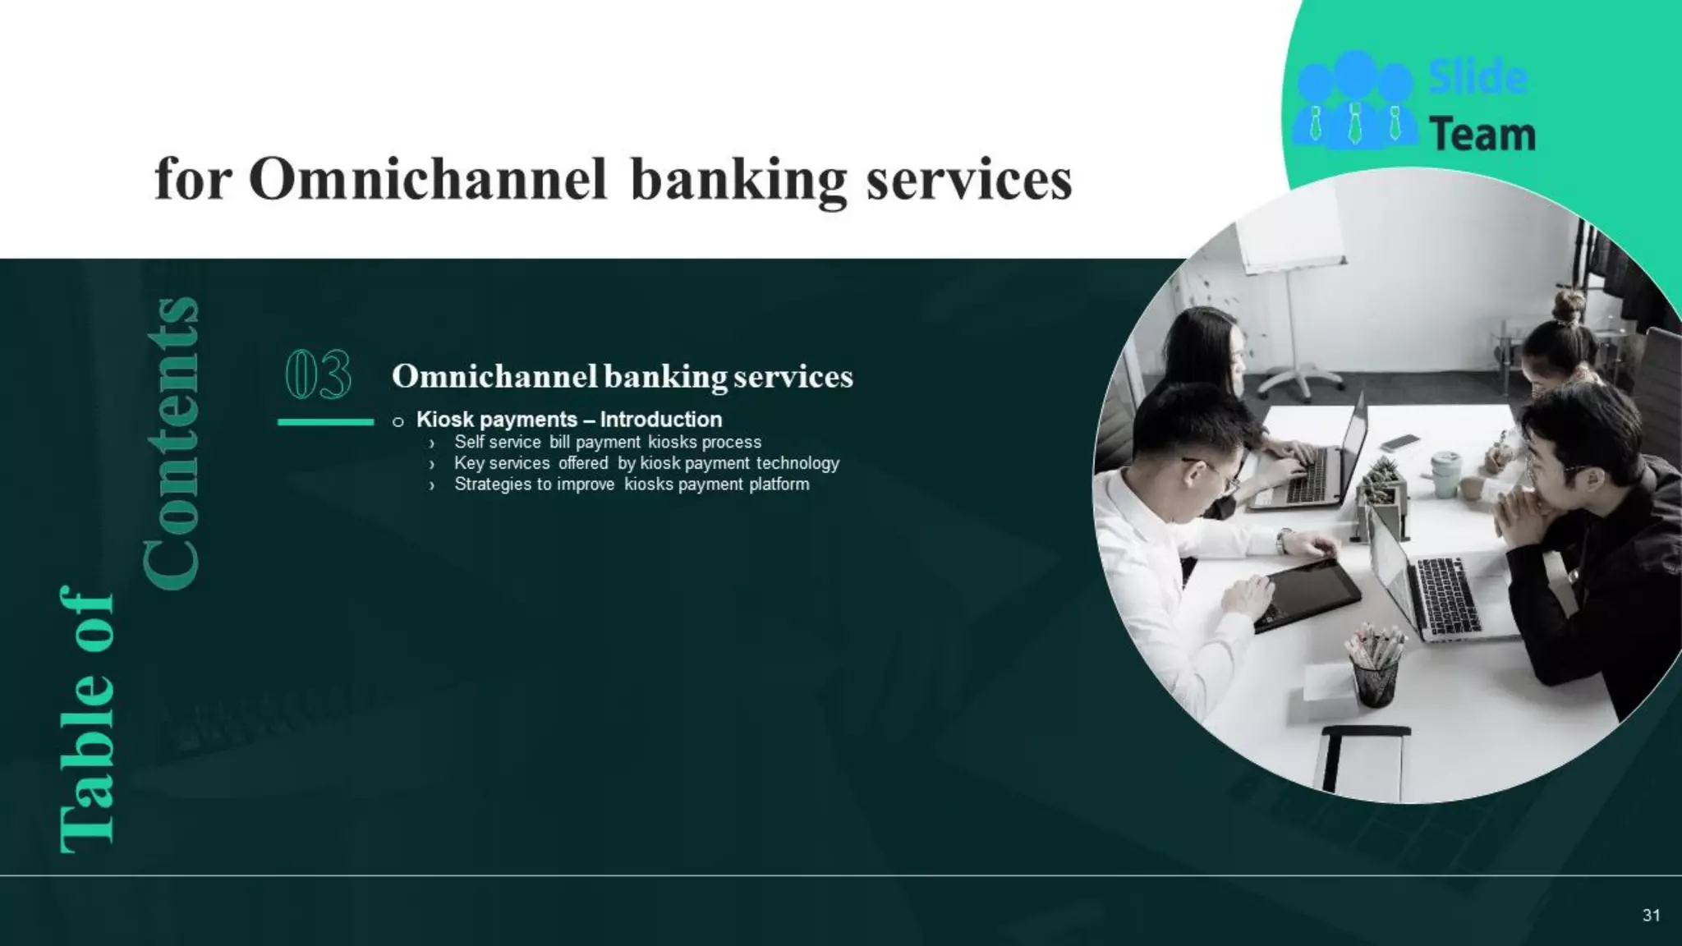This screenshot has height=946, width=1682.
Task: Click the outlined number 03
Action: (319, 374)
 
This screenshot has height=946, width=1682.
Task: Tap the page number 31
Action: (1652, 915)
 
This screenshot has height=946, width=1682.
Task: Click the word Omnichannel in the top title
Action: (428, 179)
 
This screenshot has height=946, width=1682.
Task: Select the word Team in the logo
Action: (1482, 135)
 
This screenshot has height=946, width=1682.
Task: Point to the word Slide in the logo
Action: (1478, 78)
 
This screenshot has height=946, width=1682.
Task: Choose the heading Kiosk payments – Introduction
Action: (569, 420)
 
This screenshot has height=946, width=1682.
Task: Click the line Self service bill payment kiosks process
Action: (608, 443)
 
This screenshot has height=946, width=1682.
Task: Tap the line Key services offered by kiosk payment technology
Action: (646, 463)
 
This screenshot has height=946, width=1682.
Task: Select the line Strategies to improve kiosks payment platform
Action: (632, 484)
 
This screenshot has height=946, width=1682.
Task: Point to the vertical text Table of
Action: (87, 719)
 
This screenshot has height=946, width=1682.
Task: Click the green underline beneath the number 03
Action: (326, 422)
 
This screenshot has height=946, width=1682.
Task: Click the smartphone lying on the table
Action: (1400, 443)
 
